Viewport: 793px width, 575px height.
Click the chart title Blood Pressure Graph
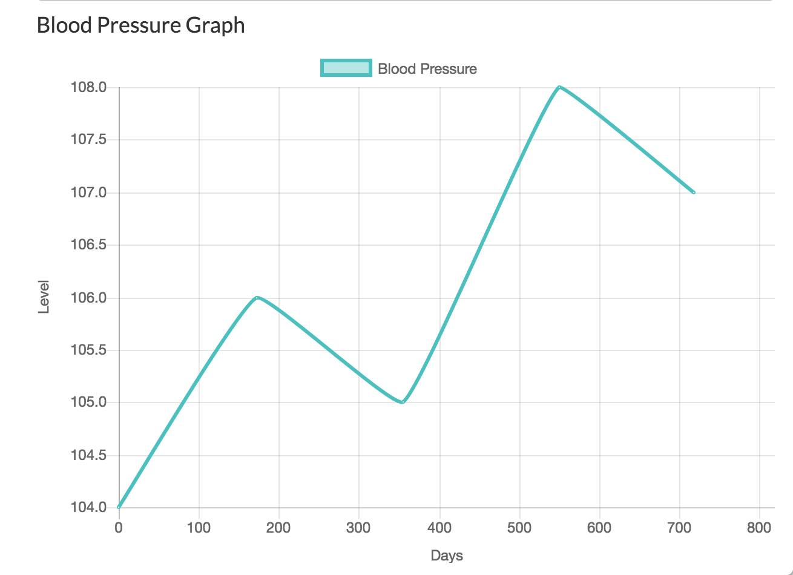click(140, 25)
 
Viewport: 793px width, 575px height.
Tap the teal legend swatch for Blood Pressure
click(345, 68)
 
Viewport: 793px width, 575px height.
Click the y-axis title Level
click(44, 297)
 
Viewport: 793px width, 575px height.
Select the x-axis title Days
click(447, 555)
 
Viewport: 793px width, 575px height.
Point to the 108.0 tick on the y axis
click(88, 88)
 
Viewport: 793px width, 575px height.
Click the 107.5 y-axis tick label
click(88, 140)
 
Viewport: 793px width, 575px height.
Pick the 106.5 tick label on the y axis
click(88, 245)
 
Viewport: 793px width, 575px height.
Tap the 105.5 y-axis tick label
click(88, 350)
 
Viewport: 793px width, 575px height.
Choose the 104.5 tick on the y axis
click(88, 455)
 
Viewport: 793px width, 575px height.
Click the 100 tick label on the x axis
click(199, 528)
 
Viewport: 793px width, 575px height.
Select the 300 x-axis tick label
click(358, 528)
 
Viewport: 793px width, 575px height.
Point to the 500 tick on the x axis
click(519, 528)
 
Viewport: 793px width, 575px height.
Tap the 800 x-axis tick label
click(759, 528)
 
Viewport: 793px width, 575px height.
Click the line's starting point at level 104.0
click(119, 507)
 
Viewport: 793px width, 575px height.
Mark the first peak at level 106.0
click(257, 297)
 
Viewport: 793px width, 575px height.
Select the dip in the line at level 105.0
click(403, 402)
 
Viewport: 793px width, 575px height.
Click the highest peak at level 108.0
click(559, 87)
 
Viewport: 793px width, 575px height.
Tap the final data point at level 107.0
click(694, 192)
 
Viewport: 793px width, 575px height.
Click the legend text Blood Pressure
click(427, 69)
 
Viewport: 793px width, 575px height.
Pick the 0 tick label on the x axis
click(119, 528)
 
